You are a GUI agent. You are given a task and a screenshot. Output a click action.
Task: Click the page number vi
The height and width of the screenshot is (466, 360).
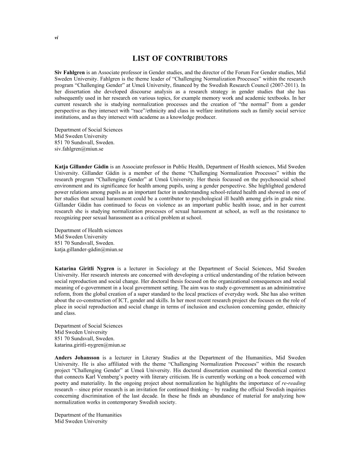coord(56,38)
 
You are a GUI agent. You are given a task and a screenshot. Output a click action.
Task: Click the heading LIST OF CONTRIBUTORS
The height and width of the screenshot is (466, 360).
coord(180,58)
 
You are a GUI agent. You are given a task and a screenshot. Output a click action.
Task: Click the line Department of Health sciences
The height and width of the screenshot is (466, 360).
coord(88,230)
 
